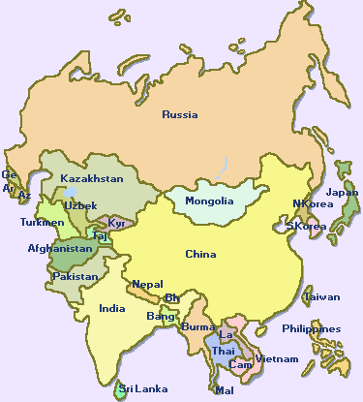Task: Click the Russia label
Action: click(180, 114)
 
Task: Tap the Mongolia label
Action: click(210, 201)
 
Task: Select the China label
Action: click(200, 254)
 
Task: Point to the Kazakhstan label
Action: click(92, 179)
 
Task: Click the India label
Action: click(111, 309)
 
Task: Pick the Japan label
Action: click(343, 192)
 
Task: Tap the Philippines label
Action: click(312, 328)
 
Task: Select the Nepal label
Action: click(147, 285)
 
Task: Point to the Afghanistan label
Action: click(58, 249)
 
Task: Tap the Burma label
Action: click(197, 326)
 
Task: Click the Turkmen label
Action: click(42, 223)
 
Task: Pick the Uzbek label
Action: click(80, 205)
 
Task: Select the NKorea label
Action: click(312, 204)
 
